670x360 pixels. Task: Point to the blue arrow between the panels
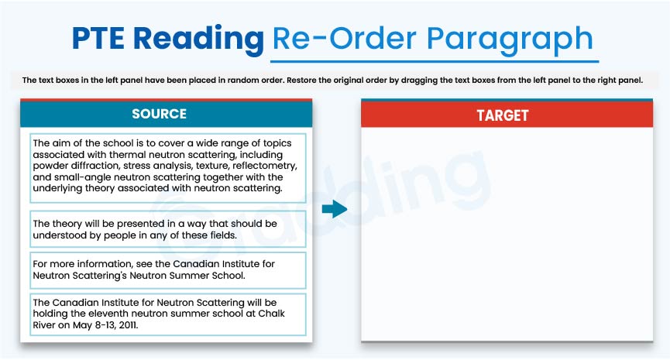tap(334, 209)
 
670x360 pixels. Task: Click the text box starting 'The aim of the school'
tap(168, 166)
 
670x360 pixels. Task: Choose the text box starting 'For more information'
tap(168, 269)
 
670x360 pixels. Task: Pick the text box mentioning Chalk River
tap(168, 313)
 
